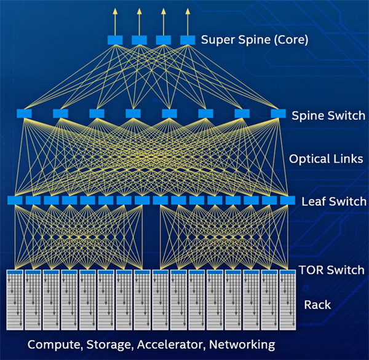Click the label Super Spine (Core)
pos(255,41)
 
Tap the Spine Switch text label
pos(328,115)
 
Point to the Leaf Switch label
pos(334,202)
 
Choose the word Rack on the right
pos(318,305)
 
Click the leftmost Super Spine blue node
pos(115,40)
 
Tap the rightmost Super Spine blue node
pos(188,40)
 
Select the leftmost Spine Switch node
pos(24,113)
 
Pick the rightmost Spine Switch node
pos(279,113)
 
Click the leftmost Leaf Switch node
pos(15,200)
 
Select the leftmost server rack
pos(15,299)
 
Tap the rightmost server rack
pos(288,299)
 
